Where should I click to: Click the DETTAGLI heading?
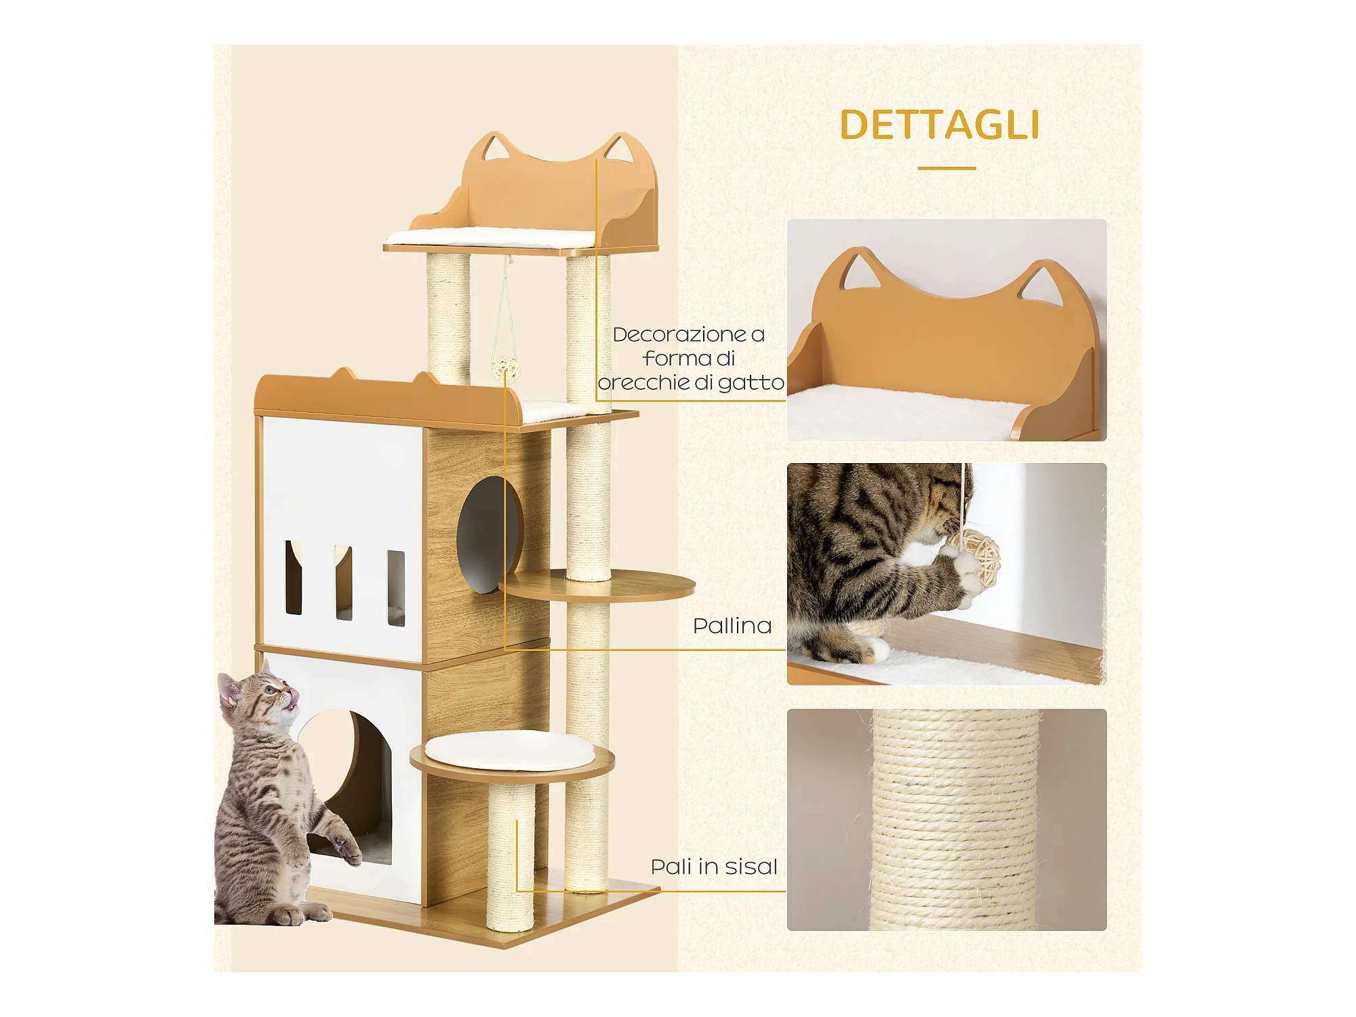[939, 125]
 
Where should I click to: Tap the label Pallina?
[732, 625]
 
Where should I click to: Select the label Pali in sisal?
[714, 866]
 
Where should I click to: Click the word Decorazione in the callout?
[679, 334]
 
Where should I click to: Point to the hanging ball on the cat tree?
[505, 370]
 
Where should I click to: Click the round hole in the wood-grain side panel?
[490, 534]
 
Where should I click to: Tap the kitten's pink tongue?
[293, 696]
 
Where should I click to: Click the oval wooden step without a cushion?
[597, 585]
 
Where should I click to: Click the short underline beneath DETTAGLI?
[946, 168]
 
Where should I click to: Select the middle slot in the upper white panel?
[344, 582]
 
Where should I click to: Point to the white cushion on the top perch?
[491, 237]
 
